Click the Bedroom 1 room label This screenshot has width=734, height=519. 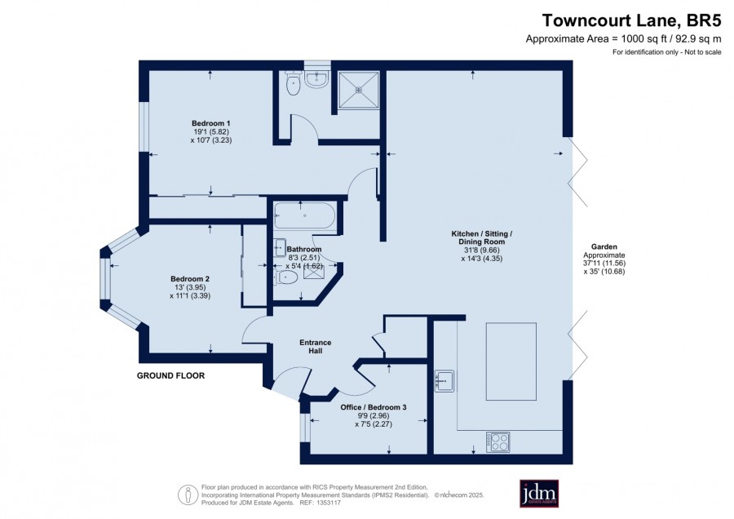(x=210, y=124)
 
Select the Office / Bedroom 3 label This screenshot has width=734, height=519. (x=373, y=407)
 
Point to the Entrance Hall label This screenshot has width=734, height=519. (x=315, y=347)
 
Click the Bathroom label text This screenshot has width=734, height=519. (x=304, y=249)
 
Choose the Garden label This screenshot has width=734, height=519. (x=604, y=247)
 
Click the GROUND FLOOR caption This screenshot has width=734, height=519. (x=171, y=375)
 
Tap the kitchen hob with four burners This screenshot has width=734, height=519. (x=497, y=441)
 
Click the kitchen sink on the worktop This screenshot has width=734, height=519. (x=444, y=381)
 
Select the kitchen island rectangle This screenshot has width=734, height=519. (x=511, y=362)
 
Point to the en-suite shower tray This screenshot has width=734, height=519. (x=359, y=90)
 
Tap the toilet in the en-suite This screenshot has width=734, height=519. (x=293, y=83)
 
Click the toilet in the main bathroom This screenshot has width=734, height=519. (x=285, y=278)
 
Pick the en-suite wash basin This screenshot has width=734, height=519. (x=317, y=80)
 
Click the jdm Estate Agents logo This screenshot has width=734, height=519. (x=539, y=494)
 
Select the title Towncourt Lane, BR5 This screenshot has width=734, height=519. (x=631, y=21)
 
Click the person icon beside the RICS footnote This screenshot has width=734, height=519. (x=188, y=495)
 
